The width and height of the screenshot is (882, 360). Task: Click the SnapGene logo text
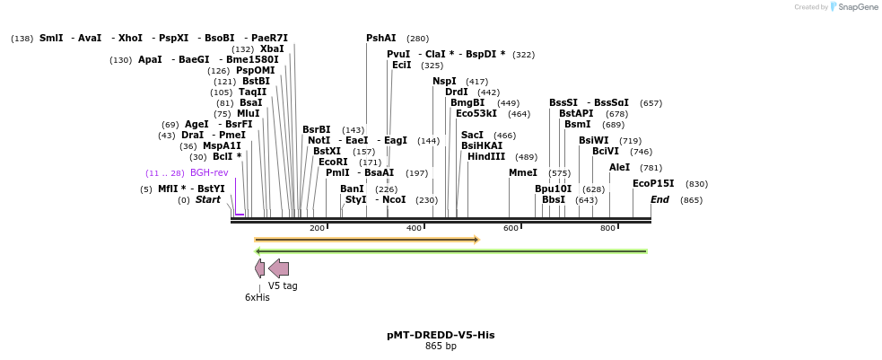(859, 7)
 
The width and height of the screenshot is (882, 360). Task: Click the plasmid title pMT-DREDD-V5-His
(441, 335)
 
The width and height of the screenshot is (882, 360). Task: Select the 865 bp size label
(441, 347)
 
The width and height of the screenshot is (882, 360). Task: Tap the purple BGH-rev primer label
(209, 172)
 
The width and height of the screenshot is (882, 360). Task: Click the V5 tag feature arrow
(278, 268)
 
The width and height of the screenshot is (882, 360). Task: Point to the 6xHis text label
(257, 297)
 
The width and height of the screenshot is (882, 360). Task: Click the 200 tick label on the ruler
(317, 228)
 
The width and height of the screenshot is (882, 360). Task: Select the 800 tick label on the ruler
(607, 228)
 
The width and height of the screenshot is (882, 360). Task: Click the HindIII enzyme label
(486, 156)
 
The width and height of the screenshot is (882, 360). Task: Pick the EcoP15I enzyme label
(653, 183)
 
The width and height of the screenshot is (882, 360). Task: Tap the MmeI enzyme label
(523, 172)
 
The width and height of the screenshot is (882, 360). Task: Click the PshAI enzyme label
(380, 38)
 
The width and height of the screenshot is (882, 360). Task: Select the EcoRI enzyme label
(333, 162)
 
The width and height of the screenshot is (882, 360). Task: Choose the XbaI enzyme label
(272, 48)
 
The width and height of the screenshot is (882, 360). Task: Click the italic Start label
(207, 199)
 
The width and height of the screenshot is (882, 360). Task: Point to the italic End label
(659, 199)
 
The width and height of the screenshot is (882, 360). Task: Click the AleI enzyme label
(619, 167)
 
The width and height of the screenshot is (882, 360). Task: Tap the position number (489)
(526, 157)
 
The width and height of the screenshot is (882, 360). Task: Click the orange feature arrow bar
(366, 240)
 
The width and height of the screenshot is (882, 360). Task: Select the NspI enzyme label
(444, 81)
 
